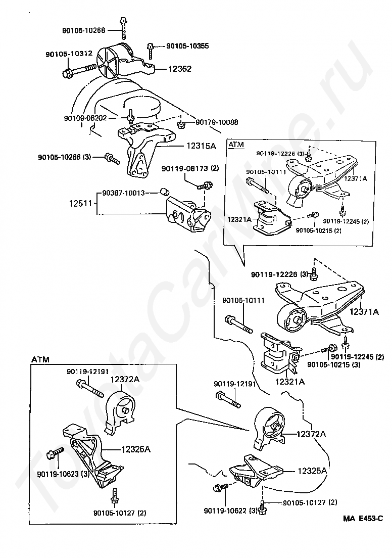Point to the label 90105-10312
[69, 54]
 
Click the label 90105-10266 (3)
[64, 157]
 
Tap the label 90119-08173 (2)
[190, 168]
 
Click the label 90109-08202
[85, 118]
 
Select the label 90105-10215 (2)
[319, 230]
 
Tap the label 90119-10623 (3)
[63, 474]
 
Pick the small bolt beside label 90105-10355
[151, 50]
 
